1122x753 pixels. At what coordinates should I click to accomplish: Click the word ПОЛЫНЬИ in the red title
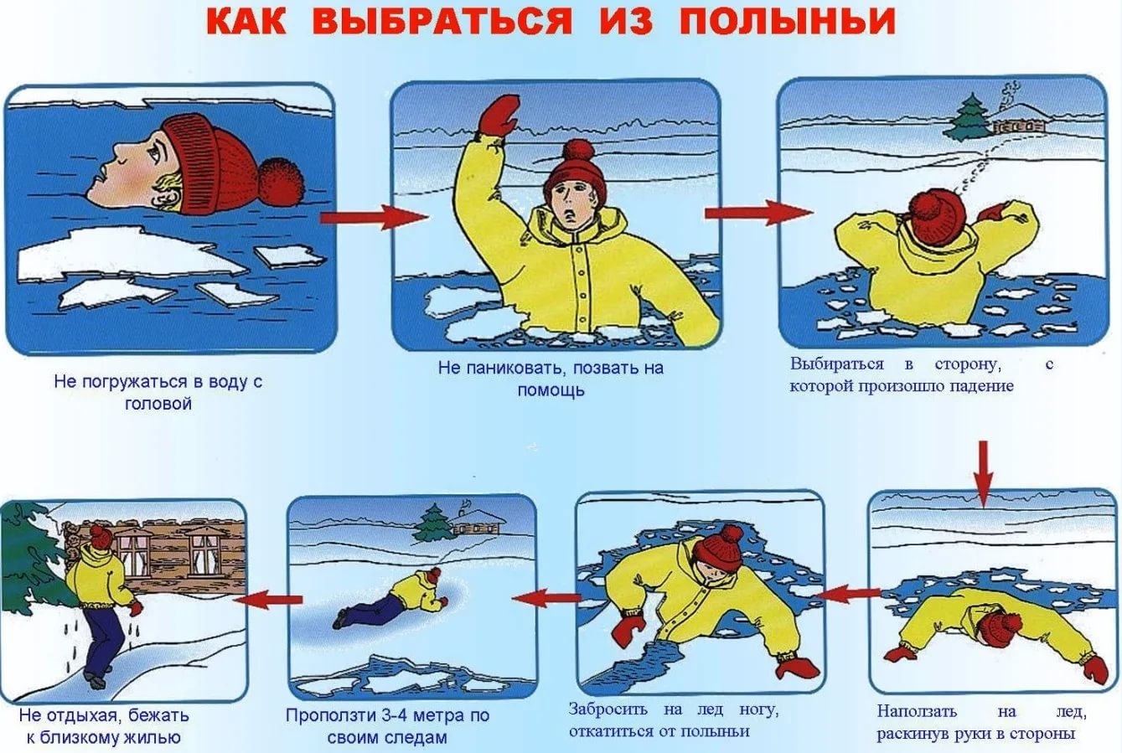pyautogui.click(x=788, y=21)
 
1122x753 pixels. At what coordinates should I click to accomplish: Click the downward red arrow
pyautogui.click(x=983, y=474)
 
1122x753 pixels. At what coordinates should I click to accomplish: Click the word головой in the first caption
pyautogui.click(x=158, y=404)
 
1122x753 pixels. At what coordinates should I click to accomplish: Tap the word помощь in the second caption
pyautogui.click(x=551, y=390)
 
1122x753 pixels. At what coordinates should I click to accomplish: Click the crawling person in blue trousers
pyautogui.click(x=391, y=598)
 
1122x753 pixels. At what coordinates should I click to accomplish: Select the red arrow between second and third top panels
pyautogui.click(x=758, y=213)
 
